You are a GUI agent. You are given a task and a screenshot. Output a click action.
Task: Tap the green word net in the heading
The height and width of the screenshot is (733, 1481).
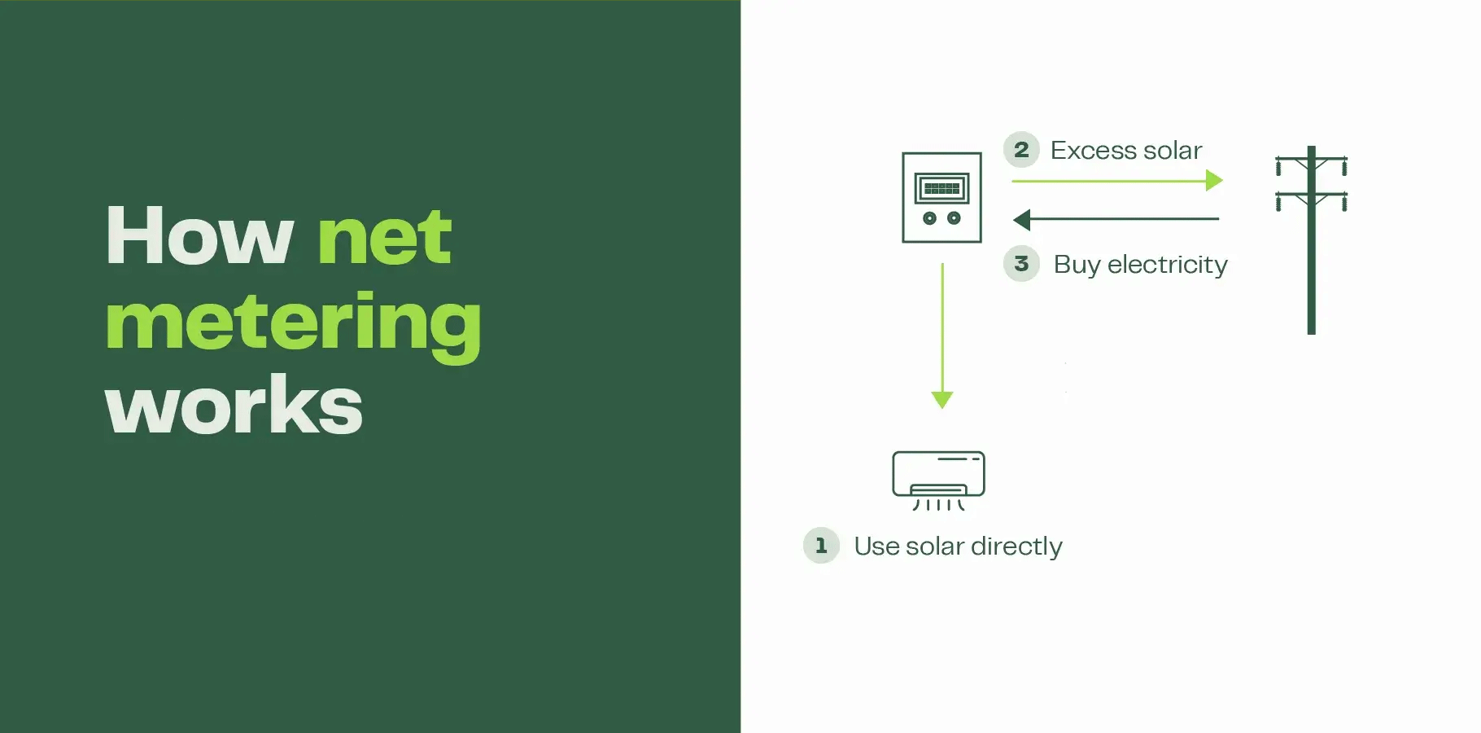tap(384, 236)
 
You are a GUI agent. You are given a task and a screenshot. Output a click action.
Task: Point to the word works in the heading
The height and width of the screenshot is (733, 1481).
tap(234, 405)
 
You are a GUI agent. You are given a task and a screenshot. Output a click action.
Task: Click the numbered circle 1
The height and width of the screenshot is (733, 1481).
tap(821, 546)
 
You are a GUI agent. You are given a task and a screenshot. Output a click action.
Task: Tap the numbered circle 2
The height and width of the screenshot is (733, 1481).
tap(1021, 150)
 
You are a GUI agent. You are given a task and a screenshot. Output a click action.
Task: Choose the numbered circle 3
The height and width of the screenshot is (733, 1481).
tap(1021, 264)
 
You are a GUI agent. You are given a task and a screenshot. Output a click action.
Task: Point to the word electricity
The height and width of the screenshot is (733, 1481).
tap(1168, 266)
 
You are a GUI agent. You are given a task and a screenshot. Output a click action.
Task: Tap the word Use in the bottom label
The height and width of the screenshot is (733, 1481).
tap(876, 546)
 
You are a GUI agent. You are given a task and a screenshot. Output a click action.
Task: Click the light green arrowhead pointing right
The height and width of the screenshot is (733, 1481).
tap(1214, 180)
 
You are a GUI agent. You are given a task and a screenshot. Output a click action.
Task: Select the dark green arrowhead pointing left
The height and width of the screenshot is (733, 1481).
tap(1022, 219)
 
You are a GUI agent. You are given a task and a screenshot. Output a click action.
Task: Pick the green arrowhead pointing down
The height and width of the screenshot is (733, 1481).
tap(942, 400)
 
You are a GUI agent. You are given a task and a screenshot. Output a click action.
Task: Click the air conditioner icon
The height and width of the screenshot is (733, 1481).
tap(938, 481)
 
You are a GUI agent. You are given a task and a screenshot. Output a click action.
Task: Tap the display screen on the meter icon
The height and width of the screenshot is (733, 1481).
tap(942, 189)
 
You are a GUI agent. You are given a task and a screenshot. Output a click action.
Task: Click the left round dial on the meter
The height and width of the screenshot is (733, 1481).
tap(929, 218)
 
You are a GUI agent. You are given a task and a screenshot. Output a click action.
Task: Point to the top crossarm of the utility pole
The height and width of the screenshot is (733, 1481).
tap(1311, 159)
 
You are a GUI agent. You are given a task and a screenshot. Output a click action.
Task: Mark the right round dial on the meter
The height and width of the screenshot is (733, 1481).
tap(955, 218)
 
